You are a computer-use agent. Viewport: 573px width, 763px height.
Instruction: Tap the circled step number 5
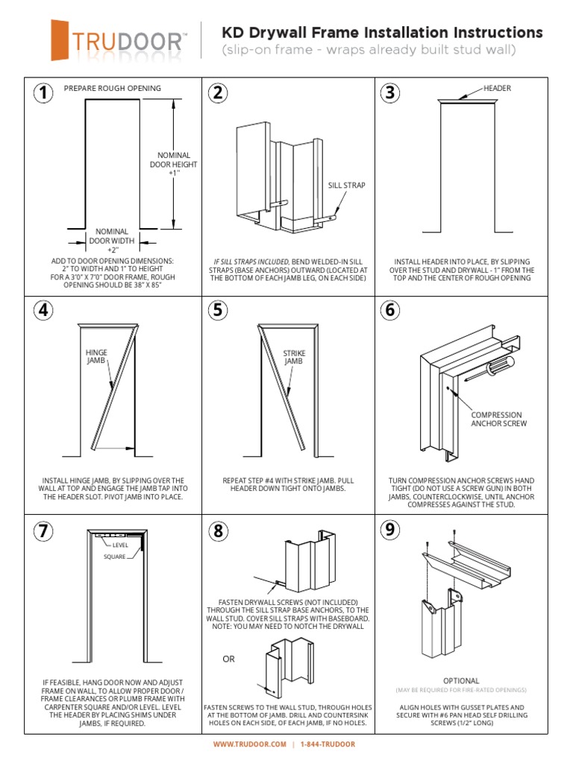pyautogui.click(x=217, y=310)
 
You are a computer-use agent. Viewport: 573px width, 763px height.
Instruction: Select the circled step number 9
pyautogui.click(x=389, y=530)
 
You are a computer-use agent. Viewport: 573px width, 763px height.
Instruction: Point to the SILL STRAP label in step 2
pyautogui.click(x=347, y=185)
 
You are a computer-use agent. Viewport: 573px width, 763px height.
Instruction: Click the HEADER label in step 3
pyautogui.click(x=498, y=88)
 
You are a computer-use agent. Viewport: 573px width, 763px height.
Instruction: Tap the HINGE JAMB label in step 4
pyautogui.click(x=97, y=356)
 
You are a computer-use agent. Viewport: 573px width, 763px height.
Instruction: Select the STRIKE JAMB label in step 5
pyautogui.click(x=294, y=357)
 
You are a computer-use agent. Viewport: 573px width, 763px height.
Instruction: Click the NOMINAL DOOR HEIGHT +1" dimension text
pyautogui.click(x=174, y=164)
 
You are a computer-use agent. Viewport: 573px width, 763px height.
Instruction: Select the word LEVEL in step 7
pyautogui.click(x=121, y=545)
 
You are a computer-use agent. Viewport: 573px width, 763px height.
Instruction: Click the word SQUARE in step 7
pyautogui.click(x=114, y=557)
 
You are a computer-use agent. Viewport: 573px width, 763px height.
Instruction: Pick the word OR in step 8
pyautogui.click(x=228, y=659)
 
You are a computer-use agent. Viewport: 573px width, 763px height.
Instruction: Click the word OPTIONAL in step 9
pyautogui.click(x=461, y=681)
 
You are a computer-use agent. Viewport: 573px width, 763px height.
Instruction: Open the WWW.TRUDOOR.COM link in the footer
pyautogui.click(x=250, y=744)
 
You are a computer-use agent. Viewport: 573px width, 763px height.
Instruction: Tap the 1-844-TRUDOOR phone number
pyautogui.click(x=328, y=744)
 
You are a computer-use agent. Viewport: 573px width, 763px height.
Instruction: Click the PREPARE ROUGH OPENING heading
pyautogui.click(x=113, y=88)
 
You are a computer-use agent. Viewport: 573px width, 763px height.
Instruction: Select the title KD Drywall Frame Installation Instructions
pyautogui.click(x=382, y=33)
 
